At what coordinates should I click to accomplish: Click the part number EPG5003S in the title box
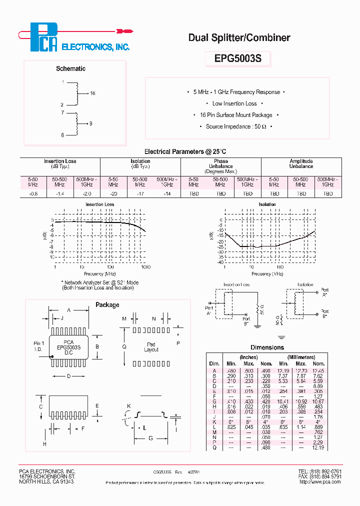tap(238, 58)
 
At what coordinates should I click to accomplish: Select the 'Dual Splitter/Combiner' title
tap(238, 37)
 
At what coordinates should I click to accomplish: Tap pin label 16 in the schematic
tap(92, 93)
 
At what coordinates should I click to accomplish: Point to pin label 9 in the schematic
tap(90, 123)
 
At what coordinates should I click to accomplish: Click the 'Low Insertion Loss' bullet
tap(234, 103)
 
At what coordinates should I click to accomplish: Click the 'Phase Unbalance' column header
tap(220, 166)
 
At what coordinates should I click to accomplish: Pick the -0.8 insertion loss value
tap(33, 193)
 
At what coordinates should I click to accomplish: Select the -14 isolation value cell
tap(167, 193)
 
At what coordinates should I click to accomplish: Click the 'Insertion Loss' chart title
tap(99, 204)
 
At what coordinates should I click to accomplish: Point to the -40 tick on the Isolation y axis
tap(220, 262)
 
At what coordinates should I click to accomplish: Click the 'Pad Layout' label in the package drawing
tap(151, 347)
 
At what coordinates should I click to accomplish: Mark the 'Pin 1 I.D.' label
tap(38, 345)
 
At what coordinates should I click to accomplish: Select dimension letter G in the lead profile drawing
tap(150, 438)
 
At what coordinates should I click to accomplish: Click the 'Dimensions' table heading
tap(267, 347)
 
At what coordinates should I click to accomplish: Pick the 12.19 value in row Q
tap(318, 447)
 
